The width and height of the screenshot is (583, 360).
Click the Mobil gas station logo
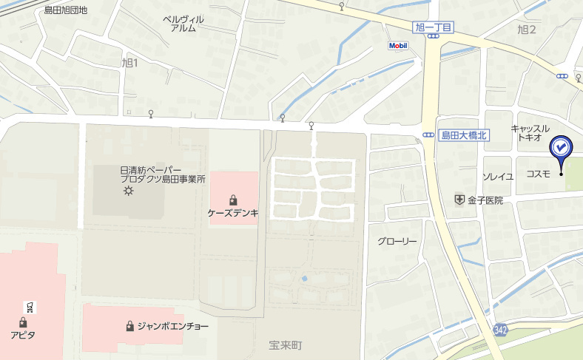click(x=398, y=46)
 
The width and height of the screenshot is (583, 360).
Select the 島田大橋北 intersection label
click(x=462, y=135)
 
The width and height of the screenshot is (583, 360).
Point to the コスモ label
click(x=538, y=174)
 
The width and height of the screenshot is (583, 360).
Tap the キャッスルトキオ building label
click(x=530, y=133)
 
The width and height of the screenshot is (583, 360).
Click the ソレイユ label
click(x=498, y=177)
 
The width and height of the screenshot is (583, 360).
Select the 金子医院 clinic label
click(x=485, y=200)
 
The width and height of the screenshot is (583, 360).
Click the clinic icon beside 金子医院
click(x=459, y=200)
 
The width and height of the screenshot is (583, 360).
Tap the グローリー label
click(x=397, y=242)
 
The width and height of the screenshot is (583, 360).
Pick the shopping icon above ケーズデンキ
click(x=233, y=200)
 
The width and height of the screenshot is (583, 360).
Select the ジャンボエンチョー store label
click(x=172, y=326)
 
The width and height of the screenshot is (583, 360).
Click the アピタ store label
click(x=23, y=335)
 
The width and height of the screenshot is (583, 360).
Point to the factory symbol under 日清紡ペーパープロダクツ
click(x=129, y=191)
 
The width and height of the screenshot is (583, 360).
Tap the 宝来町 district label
click(x=286, y=345)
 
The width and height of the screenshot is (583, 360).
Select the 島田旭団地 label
click(x=65, y=10)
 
